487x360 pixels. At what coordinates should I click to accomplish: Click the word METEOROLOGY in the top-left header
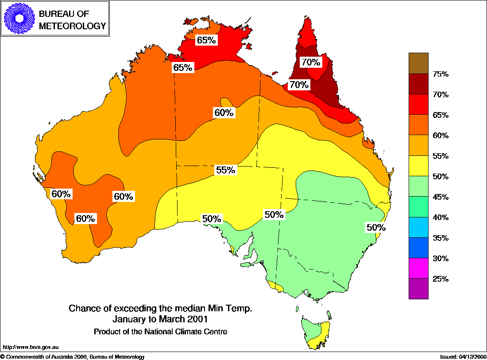coord(73,26)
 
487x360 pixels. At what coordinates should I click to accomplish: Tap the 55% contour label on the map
coord(225,170)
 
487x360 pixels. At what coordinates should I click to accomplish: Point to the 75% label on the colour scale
coord(441,74)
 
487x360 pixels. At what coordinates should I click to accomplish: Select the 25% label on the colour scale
coord(441,279)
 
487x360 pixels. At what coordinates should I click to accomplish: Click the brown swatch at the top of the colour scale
coord(418,63)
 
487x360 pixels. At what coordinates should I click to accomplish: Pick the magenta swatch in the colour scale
coord(418,268)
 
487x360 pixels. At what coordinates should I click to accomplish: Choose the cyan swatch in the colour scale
coord(418,227)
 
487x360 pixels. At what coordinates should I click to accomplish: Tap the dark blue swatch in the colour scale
coord(418,248)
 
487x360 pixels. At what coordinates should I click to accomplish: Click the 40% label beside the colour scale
coord(441,217)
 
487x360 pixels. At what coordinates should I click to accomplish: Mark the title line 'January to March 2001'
coord(160,319)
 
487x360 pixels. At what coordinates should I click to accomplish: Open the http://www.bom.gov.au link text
coord(31,348)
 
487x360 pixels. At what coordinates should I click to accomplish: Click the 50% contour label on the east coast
coord(376,228)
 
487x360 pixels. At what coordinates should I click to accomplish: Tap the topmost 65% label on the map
coord(206,40)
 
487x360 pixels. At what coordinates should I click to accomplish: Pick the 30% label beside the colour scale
coord(441,259)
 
